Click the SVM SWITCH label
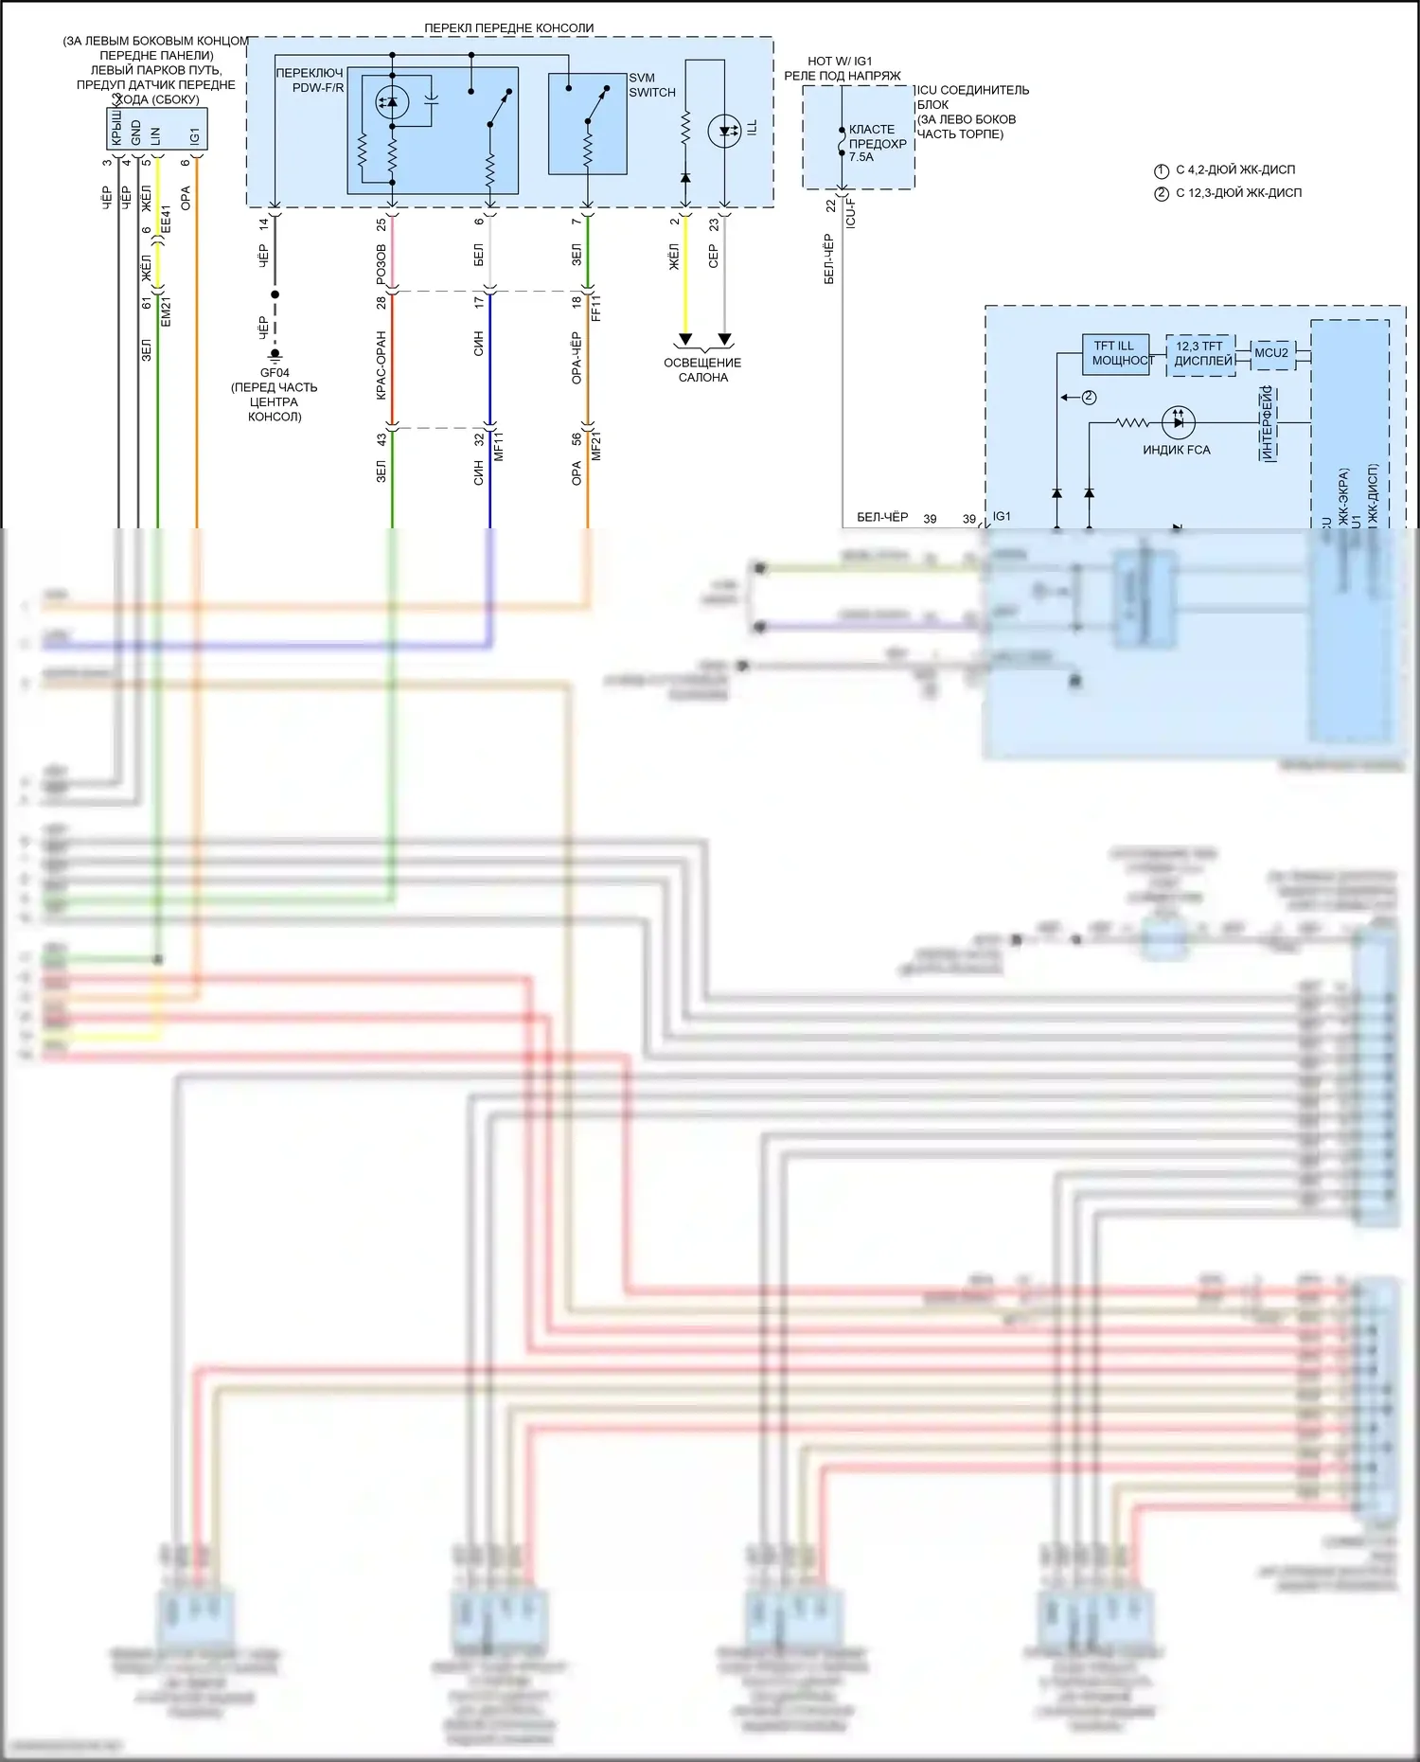click(651, 85)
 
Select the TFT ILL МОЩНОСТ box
click(1116, 353)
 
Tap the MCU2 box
click(1270, 353)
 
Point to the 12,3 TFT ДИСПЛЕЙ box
click(1200, 353)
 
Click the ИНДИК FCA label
click(1176, 450)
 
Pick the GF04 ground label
click(275, 373)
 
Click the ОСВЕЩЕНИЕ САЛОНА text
click(702, 370)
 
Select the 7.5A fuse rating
click(861, 157)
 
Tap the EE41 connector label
click(167, 220)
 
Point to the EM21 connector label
click(167, 311)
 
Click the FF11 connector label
click(596, 309)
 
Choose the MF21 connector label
click(596, 446)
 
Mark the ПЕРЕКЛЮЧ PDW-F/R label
click(311, 80)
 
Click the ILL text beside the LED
click(753, 127)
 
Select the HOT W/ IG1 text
click(840, 62)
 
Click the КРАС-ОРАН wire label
click(382, 365)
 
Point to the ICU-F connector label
click(851, 213)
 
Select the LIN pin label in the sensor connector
click(156, 135)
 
